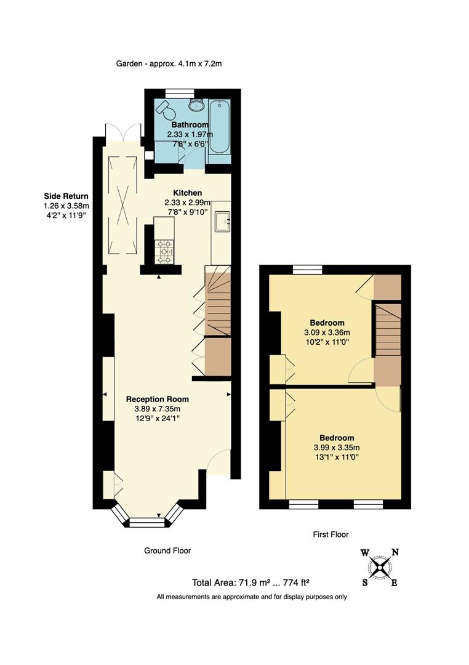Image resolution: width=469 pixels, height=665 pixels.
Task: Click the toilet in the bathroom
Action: (x=166, y=109)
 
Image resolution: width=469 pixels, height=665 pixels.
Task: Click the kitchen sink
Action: (x=223, y=220)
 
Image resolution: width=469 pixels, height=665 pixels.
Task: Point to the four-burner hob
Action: (x=164, y=252)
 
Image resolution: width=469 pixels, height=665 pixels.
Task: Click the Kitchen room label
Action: (x=187, y=193)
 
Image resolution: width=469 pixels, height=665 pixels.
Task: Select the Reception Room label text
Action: (x=158, y=398)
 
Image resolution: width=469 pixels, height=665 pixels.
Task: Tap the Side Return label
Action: (x=66, y=196)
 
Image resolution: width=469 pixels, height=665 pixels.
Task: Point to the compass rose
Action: (x=380, y=566)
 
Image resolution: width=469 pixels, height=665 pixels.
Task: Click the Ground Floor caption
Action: (x=167, y=550)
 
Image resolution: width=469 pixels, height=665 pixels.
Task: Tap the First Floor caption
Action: (x=331, y=534)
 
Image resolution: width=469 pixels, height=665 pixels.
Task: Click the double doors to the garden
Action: (x=119, y=132)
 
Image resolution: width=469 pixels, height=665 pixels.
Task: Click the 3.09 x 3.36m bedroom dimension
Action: (x=326, y=332)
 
